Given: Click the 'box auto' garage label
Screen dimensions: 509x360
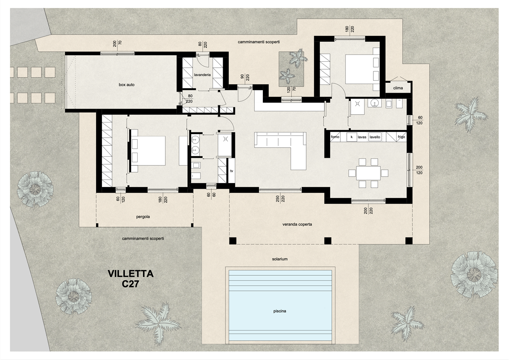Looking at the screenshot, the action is [126, 85].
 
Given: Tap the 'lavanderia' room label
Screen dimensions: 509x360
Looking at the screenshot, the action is [202, 75].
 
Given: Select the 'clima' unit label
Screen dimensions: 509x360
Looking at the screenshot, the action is [398, 88].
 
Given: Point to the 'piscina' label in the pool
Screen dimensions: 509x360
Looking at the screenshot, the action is [280, 311].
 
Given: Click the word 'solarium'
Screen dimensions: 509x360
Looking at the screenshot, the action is [280, 259].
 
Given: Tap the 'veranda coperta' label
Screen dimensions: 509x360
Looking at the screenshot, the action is [297, 224].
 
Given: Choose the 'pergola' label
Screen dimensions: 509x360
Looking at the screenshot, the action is [143, 217].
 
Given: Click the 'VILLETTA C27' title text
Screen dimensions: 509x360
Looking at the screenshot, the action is [130, 279].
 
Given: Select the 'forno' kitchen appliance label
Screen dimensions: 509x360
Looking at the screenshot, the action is [335, 137].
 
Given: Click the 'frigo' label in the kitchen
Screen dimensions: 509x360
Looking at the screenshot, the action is [401, 137].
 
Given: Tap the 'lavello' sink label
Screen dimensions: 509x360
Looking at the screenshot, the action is [375, 137].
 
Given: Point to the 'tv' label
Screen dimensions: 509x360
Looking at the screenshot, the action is [231, 171].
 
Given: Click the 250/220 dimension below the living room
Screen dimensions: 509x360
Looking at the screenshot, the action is [281, 199].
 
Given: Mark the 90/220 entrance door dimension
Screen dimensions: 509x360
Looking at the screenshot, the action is [245, 77].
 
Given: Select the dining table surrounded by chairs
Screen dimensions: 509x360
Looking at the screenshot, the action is [368, 173].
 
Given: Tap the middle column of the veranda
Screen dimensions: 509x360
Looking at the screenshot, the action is [327, 241].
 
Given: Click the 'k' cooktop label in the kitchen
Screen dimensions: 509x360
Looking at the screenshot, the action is [352, 137].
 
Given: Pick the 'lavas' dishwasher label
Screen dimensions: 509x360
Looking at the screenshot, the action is [362, 137].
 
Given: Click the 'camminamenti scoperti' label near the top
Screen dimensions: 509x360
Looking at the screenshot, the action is [258, 42].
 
